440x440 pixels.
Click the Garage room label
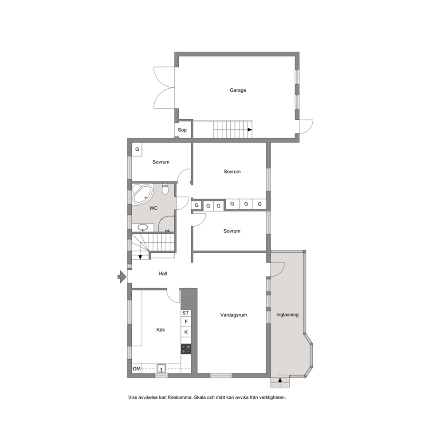click(238, 90)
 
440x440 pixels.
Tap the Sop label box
click(183, 130)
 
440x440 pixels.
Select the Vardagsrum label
click(233, 315)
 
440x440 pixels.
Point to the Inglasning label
click(287, 315)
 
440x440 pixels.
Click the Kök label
click(161, 330)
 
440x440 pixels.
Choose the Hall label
click(163, 273)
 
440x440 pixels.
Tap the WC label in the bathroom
click(153, 208)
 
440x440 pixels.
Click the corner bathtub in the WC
click(142, 194)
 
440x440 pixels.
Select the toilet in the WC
click(165, 189)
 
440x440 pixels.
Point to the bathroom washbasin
click(143, 227)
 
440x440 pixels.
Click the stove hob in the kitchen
click(186, 349)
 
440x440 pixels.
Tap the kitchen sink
click(161, 368)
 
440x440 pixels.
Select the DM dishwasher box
click(137, 369)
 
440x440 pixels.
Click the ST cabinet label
click(185, 313)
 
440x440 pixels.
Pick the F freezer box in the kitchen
click(186, 322)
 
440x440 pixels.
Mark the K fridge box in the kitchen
click(186, 332)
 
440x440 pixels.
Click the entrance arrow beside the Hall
click(122, 277)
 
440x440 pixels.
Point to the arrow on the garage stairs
click(250, 130)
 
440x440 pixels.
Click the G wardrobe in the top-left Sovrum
click(137, 149)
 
